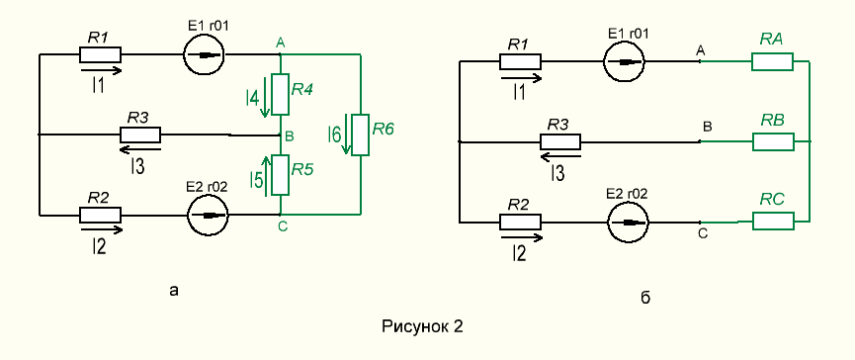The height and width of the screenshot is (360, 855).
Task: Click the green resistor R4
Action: (x=280, y=94)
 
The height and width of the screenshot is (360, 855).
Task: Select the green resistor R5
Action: (x=280, y=174)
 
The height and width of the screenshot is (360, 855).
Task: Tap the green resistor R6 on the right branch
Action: (x=361, y=135)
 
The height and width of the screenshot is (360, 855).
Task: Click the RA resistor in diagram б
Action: (x=772, y=61)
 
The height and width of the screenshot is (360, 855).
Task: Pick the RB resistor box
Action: (x=773, y=141)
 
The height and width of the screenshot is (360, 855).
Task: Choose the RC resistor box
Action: (x=773, y=221)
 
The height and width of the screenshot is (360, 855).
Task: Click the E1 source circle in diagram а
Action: (x=203, y=54)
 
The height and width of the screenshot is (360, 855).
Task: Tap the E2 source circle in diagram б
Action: (x=629, y=222)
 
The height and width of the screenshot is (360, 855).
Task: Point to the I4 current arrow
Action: (x=265, y=97)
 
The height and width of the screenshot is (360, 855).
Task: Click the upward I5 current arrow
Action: (x=267, y=174)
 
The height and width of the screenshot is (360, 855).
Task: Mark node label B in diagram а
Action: (x=290, y=136)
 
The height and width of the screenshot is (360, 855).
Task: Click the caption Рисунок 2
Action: (x=423, y=326)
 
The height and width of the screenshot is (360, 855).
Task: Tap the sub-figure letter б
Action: (x=645, y=298)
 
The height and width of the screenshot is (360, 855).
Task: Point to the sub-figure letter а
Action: (x=174, y=291)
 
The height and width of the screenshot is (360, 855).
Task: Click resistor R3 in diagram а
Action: (x=140, y=135)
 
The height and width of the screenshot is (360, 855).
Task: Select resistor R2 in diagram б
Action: (x=520, y=222)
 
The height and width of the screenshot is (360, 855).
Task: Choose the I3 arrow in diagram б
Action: (x=560, y=157)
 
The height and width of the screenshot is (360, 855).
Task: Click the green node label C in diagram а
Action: (x=283, y=226)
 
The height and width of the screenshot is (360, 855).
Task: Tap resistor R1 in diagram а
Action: (x=101, y=54)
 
